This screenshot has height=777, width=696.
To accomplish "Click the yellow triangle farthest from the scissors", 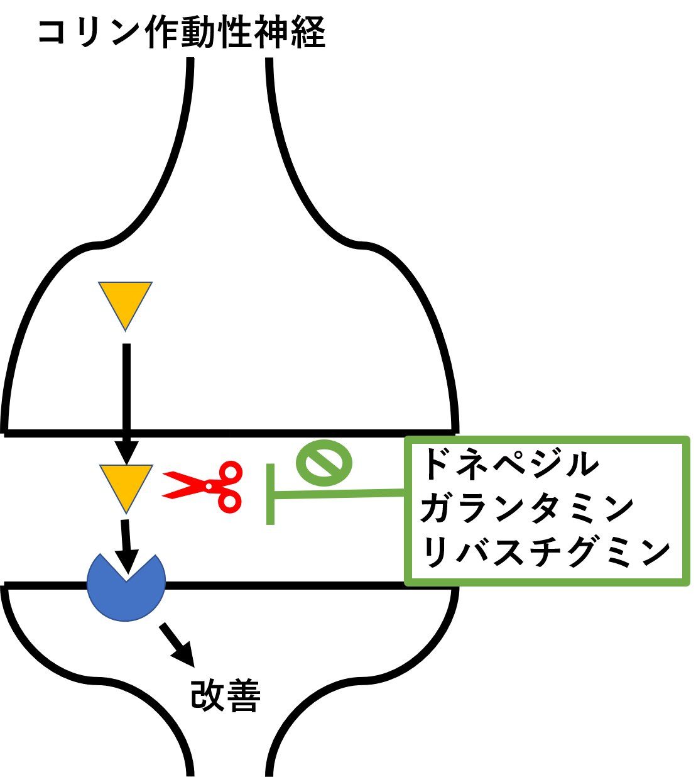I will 125,301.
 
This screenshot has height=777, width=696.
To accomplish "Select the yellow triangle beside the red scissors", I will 126,484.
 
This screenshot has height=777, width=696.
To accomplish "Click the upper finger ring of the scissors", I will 231,471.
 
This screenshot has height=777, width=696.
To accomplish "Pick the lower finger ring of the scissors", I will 229,502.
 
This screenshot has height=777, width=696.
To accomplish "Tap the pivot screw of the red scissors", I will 209,486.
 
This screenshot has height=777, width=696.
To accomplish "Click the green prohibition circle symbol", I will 324,463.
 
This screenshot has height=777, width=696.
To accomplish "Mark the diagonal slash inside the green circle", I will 324,463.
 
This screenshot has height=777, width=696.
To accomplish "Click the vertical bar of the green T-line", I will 270,493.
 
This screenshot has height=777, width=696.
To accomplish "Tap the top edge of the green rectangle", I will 546,439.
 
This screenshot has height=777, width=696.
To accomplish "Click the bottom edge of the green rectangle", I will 546,582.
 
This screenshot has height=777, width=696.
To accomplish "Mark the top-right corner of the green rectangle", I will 686,439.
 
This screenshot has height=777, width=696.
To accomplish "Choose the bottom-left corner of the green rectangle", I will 408,582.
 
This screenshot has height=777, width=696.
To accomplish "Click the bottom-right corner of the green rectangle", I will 686,582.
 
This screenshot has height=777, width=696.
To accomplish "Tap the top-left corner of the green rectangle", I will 408,439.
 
